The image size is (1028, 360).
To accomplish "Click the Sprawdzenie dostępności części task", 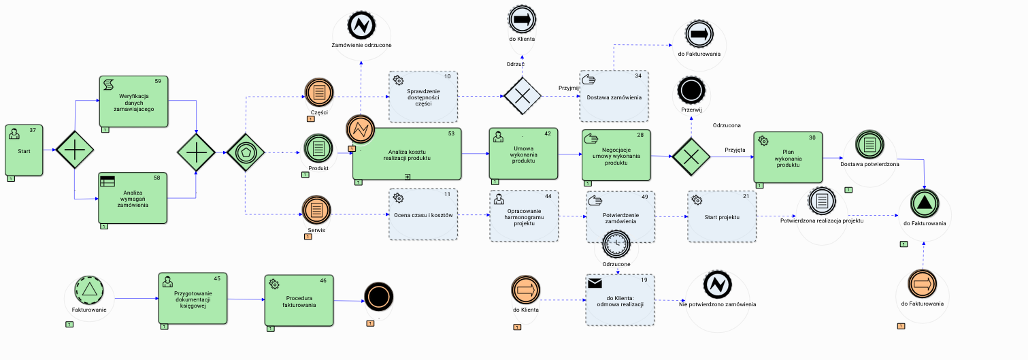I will tap(423, 96).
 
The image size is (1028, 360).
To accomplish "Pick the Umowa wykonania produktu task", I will tap(523, 154).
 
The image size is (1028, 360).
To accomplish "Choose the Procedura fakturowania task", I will tap(299, 301).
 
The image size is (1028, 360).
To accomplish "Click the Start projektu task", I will tap(722, 216).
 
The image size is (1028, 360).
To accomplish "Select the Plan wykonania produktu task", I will tap(788, 157).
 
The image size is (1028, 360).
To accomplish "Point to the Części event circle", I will tap(318, 92).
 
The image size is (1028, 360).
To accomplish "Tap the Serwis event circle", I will tap(316, 210).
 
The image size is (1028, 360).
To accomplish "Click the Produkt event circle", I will tap(318, 148).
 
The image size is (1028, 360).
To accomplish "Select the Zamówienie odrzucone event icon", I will tap(361, 26).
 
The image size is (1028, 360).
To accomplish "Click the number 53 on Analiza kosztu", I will tap(451, 133).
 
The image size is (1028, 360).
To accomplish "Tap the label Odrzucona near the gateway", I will tap(727, 125).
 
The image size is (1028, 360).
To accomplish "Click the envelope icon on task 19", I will tap(596, 282).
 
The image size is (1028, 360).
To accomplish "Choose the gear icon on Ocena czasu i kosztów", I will tap(399, 198).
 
